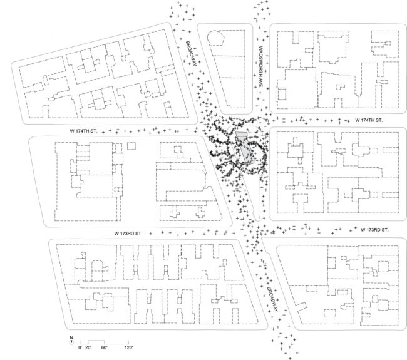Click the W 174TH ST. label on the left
[x=83, y=131]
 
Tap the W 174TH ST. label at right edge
[x=369, y=120]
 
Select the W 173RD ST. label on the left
[x=128, y=234]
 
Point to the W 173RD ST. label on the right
[x=374, y=230]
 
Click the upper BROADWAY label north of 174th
[x=192, y=53]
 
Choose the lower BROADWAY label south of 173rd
[x=272, y=299]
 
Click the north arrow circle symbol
[x=71, y=342]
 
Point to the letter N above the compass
[x=71, y=337]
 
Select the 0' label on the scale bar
[x=80, y=348]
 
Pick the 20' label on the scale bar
[x=88, y=348]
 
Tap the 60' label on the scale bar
[x=104, y=348]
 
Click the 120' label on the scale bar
[x=128, y=348]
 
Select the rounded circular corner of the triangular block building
[x=215, y=38]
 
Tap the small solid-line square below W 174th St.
[x=131, y=146]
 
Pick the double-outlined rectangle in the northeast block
[x=282, y=94]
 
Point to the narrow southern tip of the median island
[x=257, y=220]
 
